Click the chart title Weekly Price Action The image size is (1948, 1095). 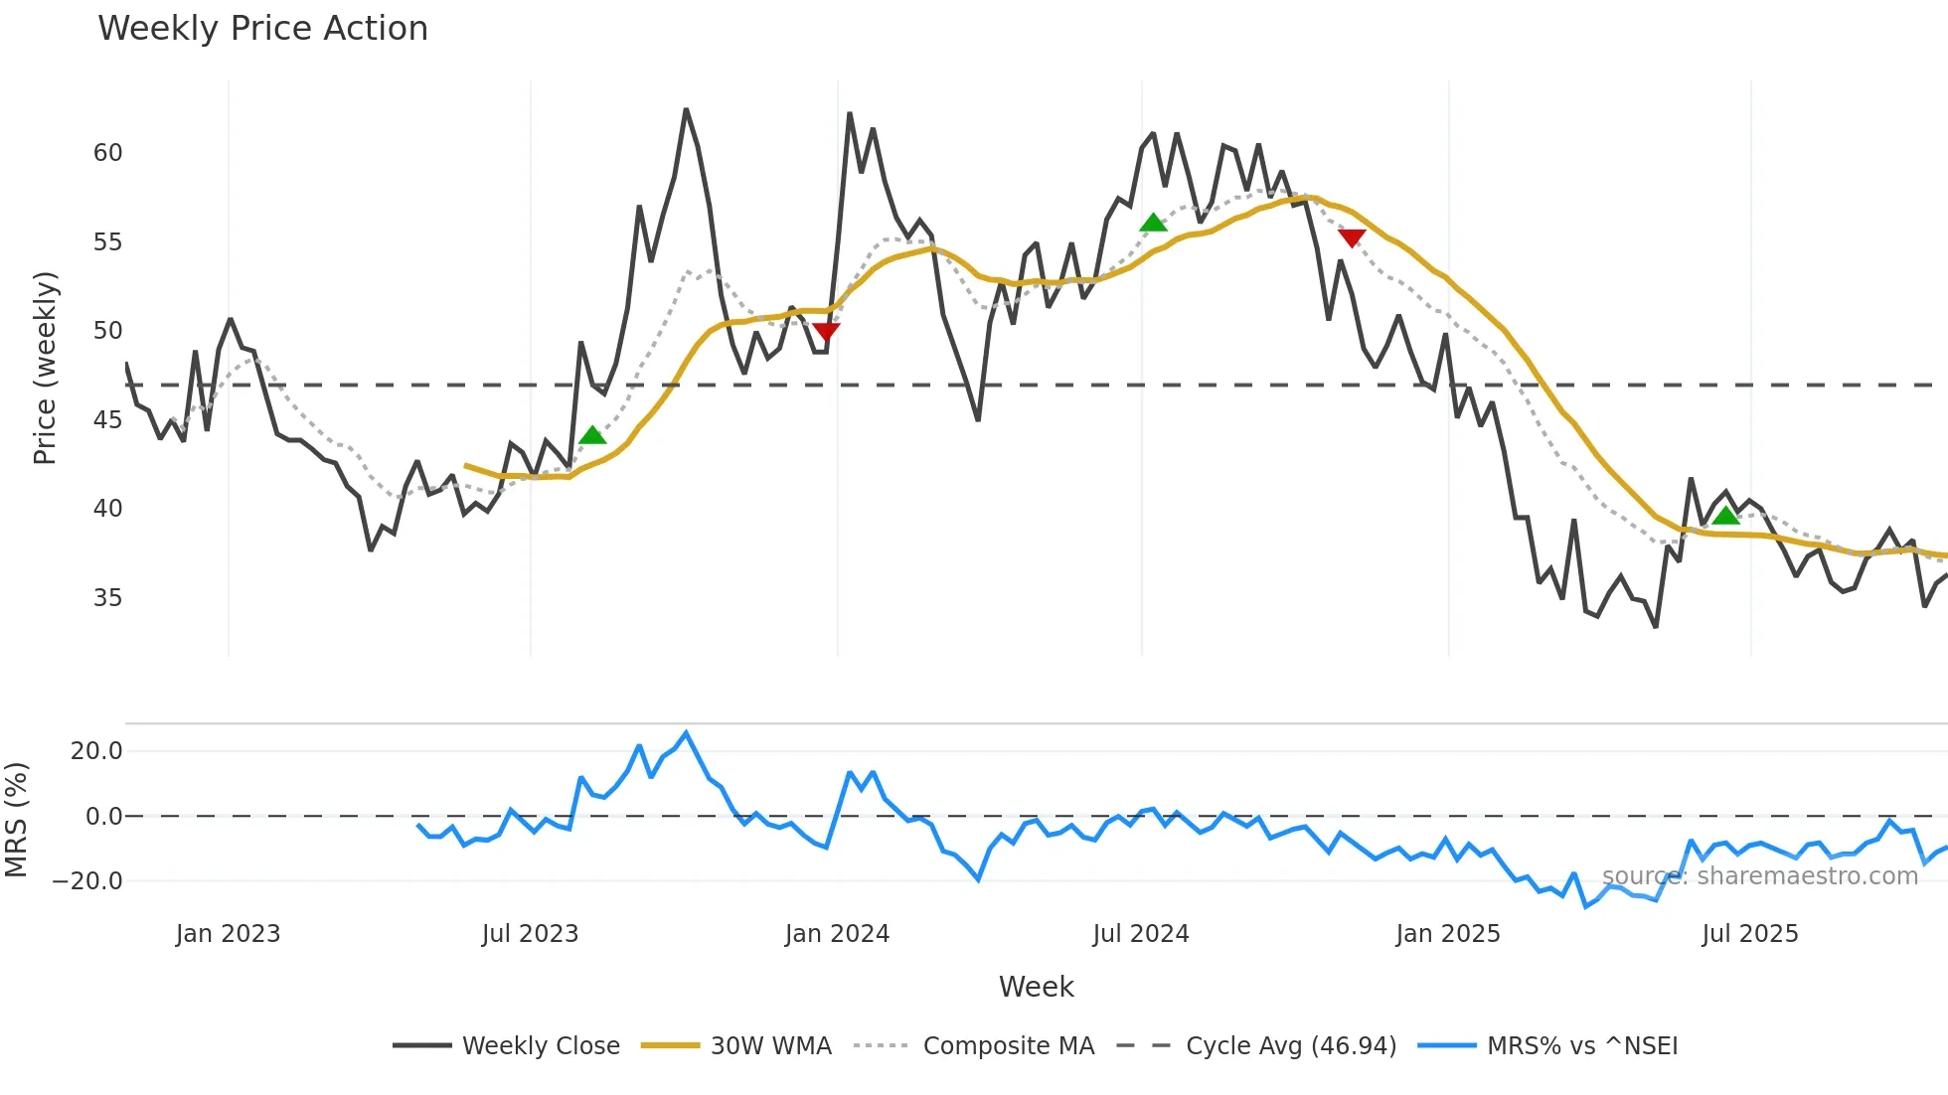coord(262,29)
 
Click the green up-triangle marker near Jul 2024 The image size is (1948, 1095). coord(1153,224)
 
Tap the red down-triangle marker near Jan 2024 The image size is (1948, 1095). coord(826,331)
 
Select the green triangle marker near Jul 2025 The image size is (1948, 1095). coord(1726,515)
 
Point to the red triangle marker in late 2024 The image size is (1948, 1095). coord(1352,236)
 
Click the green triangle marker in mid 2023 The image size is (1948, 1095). coord(592,435)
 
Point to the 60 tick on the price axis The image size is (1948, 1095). coord(107,153)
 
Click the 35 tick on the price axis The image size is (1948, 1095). coord(107,598)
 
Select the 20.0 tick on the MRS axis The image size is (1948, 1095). coord(95,751)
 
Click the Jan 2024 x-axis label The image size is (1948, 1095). coord(837,934)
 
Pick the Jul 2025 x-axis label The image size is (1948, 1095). coord(1749,934)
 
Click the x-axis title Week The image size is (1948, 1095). coord(1036,987)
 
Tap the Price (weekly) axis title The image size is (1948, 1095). coord(46,368)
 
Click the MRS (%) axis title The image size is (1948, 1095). coord(17,820)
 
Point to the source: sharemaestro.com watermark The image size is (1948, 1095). coord(1759,876)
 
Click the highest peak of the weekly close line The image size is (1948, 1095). coord(686,110)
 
